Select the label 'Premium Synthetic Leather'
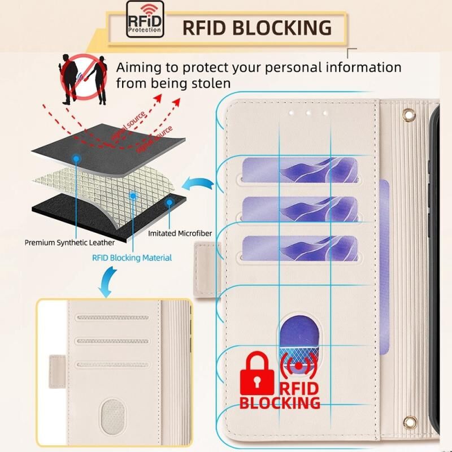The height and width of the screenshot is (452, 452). (x=69, y=242)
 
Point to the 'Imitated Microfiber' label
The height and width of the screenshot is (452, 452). (x=176, y=233)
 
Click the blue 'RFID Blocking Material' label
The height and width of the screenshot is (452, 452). (x=132, y=258)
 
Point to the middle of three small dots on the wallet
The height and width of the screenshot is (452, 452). (x=307, y=112)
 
